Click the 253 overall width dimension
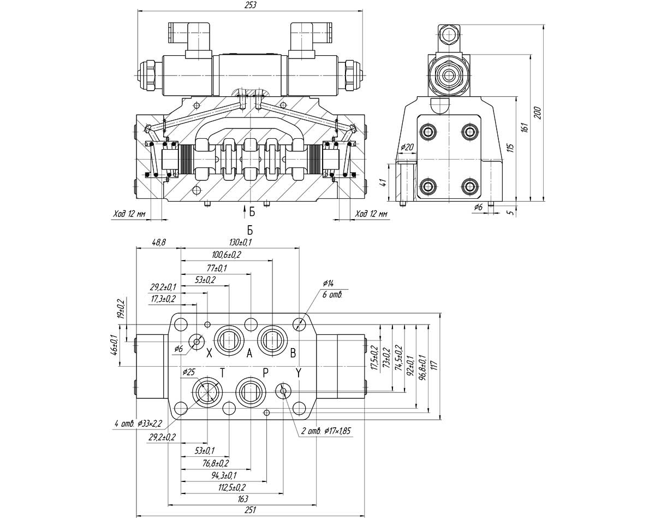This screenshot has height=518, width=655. [x=251, y=5]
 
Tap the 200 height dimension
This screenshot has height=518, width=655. [x=538, y=113]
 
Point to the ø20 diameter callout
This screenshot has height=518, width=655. [x=407, y=147]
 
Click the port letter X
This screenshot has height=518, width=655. [x=209, y=353]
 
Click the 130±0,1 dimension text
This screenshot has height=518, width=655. [x=241, y=242]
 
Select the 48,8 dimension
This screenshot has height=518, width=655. [x=159, y=243]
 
